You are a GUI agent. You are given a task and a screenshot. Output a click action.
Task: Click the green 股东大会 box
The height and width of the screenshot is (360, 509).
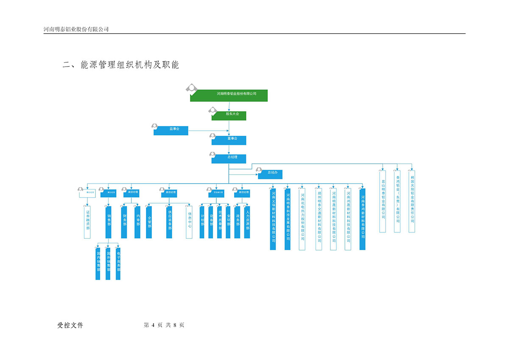(229, 115)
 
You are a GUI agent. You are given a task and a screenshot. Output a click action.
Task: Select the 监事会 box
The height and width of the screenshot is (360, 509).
(171, 131)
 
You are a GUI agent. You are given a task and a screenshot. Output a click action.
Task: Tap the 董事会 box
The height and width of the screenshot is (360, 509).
(229, 140)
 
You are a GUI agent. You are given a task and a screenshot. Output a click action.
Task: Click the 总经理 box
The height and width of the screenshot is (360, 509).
(229, 158)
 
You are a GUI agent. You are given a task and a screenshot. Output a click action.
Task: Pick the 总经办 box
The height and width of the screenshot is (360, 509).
(270, 174)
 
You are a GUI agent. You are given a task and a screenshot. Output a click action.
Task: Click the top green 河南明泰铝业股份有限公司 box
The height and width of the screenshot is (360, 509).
(229, 95)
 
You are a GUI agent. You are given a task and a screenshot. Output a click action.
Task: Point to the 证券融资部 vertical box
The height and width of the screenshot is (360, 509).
(88, 220)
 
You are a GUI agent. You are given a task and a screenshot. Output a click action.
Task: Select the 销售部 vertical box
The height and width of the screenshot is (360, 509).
(109, 221)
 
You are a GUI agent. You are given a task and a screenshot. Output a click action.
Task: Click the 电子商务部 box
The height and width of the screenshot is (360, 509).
(118, 264)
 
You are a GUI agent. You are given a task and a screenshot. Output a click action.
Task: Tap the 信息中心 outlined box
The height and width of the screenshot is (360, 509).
(189, 221)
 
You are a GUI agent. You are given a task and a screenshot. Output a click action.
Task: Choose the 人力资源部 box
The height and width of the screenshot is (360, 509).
(247, 221)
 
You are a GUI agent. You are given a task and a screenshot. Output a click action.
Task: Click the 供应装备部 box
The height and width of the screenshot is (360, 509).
(169, 221)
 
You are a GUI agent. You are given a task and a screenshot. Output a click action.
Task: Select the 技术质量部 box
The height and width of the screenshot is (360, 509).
(219, 221)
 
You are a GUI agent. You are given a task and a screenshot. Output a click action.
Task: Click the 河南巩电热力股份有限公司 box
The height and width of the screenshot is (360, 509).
(302, 218)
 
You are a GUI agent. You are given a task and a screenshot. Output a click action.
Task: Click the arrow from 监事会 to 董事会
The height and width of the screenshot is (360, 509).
(208, 131)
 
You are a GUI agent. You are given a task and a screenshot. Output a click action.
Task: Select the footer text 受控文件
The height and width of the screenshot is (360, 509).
(70, 325)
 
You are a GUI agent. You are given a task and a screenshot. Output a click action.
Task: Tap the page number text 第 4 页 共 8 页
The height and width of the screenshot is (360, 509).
(164, 325)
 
